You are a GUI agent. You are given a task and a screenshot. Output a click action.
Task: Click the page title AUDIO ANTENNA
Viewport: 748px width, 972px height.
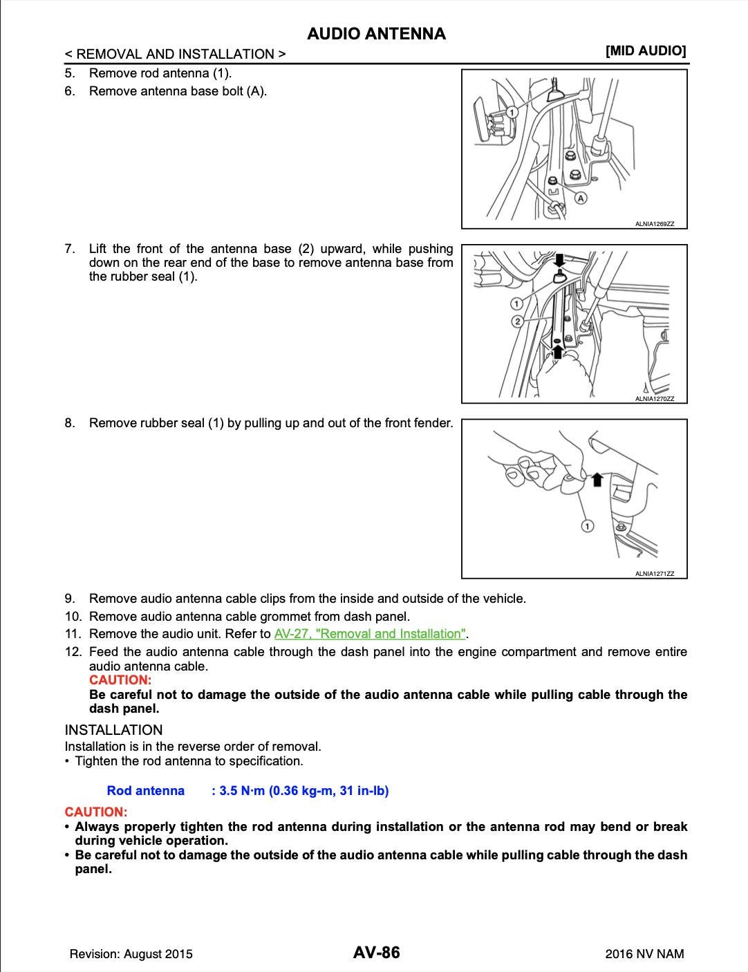(x=376, y=34)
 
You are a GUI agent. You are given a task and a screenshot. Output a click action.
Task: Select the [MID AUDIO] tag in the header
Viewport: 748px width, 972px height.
(x=646, y=50)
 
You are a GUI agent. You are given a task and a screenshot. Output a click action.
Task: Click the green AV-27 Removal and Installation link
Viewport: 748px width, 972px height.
(x=370, y=634)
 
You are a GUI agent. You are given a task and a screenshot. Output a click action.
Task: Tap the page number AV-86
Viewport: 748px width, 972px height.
(x=376, y=953)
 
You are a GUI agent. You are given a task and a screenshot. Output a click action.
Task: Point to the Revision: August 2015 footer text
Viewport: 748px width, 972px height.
(x=131, y=954)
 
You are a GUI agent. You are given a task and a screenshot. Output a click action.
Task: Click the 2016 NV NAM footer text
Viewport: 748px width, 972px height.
(x=644, y=954)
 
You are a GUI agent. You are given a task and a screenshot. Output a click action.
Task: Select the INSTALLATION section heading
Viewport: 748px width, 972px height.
(x=113, y=730)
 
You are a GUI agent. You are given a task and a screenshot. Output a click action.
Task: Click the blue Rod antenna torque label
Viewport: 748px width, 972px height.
(x=146, y=790)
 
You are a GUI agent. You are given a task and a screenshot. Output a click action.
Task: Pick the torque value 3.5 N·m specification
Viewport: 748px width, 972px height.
(x=300, y=790)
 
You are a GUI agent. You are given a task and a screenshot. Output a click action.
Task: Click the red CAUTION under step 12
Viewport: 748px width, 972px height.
(x=120, y=680)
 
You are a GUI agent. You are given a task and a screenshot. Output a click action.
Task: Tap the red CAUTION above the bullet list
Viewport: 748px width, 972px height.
(x=96, y=812)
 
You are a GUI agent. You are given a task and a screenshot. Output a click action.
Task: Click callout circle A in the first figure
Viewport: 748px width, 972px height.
(x=581, y=198)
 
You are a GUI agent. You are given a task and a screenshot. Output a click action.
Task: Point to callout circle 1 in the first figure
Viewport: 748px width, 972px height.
(x=512, y=112)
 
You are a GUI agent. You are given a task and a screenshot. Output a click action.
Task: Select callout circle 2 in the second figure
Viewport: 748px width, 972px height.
(x=517, y=321)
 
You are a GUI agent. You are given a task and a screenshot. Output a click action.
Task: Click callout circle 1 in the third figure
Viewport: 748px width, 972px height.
(x=587, y=527)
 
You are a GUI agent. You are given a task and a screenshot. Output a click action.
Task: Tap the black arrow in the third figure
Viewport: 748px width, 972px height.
(x=597, y=479)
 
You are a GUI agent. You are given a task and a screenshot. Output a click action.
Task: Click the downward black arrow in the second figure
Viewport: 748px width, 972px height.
(x=560, y=261)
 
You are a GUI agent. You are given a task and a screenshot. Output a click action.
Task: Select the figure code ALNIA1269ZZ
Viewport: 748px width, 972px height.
(x=654, y=224)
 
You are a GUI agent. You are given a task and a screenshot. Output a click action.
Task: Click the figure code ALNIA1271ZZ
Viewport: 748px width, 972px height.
(x=654, y=574)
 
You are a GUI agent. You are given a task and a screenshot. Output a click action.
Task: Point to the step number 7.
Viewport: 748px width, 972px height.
(x=70, y=248)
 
